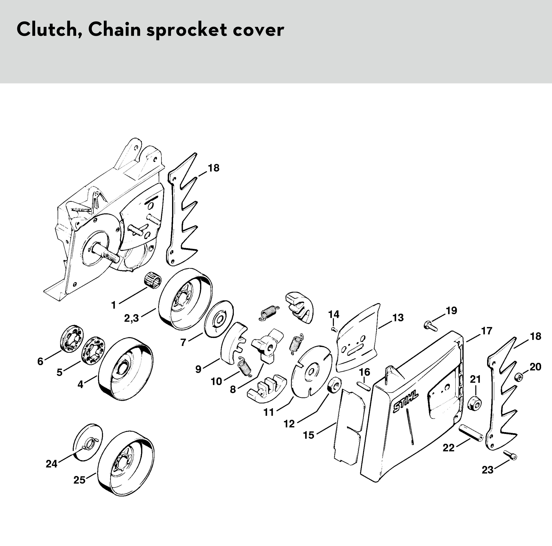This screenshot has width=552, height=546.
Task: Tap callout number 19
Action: pos(451,311)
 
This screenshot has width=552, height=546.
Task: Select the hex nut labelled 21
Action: pos(474,403)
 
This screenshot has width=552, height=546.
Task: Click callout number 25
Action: pos(79,480)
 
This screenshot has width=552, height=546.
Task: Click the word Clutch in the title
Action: pos(47,30)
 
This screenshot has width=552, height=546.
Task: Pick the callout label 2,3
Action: pos(131,318)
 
